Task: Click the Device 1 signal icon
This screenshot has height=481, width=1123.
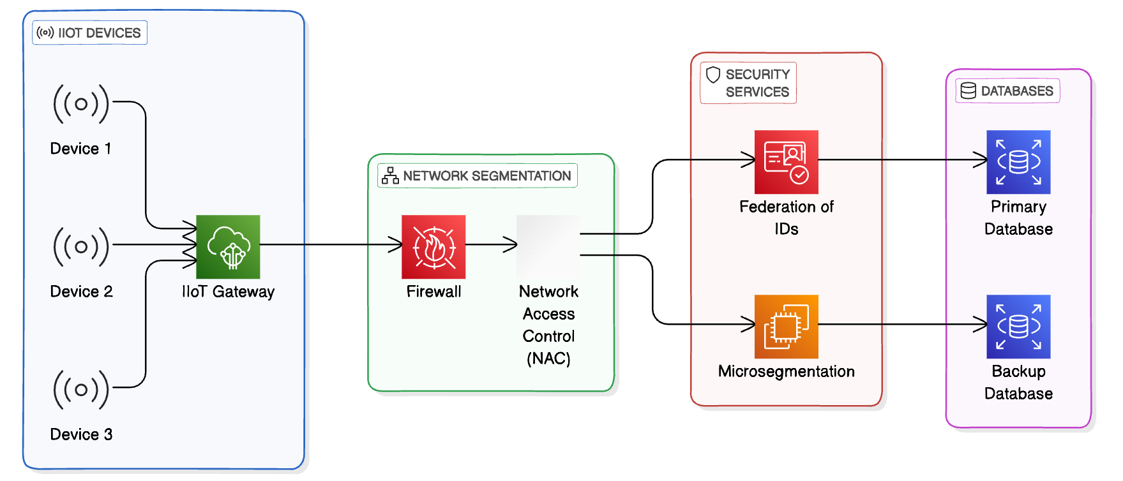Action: [81, 103]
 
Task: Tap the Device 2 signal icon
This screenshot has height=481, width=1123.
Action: [81, 246]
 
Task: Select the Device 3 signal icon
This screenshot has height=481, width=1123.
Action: [81, 389]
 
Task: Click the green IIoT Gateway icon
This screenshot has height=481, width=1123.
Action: [228, 247]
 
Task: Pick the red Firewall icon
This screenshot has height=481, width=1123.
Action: [433, 247]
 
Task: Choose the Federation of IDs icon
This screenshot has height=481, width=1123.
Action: [786, 162]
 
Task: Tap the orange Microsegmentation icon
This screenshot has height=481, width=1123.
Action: [786, 327]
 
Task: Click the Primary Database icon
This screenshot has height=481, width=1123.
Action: [1018, 162]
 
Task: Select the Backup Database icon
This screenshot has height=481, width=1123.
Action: [1018, 327]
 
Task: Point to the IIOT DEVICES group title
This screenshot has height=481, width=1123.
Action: [99, 33]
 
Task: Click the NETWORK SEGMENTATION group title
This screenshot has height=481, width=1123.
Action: [486, 176]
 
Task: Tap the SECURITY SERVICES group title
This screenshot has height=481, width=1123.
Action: [757, 83]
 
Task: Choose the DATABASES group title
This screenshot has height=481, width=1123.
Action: [1016, 91]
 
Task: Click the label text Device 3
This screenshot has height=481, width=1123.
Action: [81, 434]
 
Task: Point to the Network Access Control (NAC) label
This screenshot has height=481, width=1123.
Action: [548, 325]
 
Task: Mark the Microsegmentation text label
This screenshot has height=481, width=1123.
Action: [786, 371]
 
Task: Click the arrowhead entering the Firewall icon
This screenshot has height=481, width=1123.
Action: [396, 244]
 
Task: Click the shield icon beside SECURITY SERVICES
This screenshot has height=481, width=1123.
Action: [713, 75]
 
